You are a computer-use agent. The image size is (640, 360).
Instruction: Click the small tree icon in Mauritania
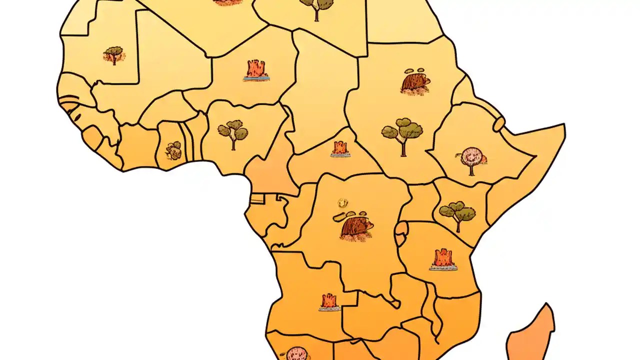click(x=114, y=54)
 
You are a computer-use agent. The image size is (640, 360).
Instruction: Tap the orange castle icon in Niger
click(x=256, y=70)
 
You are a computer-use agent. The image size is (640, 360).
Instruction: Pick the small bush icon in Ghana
click(x=173, y=149)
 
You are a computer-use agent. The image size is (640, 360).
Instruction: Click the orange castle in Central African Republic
click(x=340, y=148)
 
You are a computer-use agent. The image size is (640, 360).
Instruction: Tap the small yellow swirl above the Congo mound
click(x=342, y=203)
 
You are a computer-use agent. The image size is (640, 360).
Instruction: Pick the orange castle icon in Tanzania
click(x=443, y=259)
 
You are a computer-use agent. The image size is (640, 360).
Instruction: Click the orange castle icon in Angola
click(x=329, y=301)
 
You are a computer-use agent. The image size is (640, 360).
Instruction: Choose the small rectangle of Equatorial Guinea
click(x=257, y=198)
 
